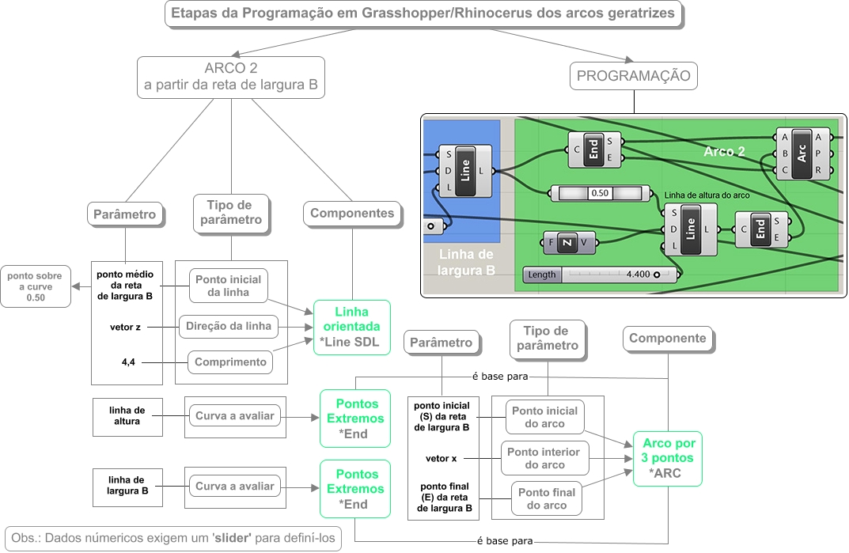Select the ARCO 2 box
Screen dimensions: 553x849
coord(231,77)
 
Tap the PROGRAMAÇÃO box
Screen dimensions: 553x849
coord(634,76)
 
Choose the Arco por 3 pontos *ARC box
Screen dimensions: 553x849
coord(669,459)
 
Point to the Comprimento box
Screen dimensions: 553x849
coord(229,362)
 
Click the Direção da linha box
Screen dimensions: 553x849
coord(229,325)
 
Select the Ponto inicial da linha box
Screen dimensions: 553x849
coord(229,286)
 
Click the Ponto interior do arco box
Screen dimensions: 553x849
coord(544,458)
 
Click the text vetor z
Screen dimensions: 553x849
coord(127,325)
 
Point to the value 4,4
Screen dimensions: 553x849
coord(127,362)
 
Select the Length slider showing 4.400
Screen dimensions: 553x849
coord(601,275)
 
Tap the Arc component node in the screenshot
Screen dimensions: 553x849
coord(801,153)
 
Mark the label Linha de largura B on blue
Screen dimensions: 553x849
coord(467,262)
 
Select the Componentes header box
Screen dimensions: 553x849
coord(352,213)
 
